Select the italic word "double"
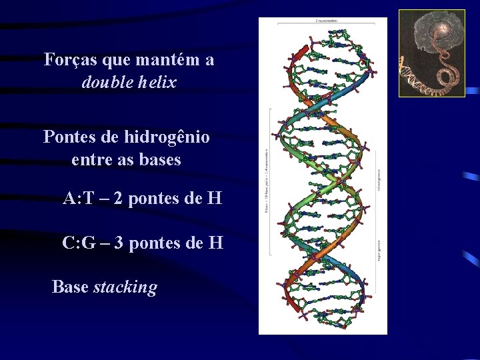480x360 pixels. [106, 83]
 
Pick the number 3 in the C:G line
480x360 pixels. [119, 243]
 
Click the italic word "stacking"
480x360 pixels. [125, 287]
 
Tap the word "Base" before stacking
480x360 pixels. [70, 287]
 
